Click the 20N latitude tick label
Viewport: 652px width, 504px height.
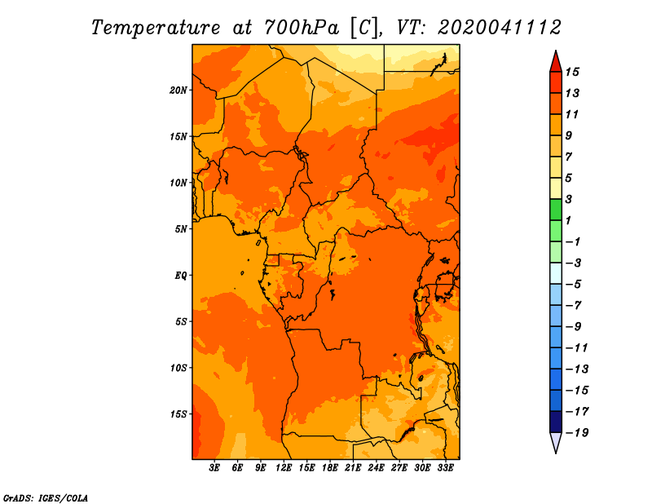point(178,91)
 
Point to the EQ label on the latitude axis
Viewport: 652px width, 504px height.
point(180,276)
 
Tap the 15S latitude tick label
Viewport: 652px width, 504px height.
point(178,414)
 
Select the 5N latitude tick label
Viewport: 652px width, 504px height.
point(180,229)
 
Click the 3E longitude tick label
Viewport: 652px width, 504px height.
point(214,468)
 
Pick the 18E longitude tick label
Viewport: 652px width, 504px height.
point(330,468)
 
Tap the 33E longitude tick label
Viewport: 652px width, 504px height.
point(445,468)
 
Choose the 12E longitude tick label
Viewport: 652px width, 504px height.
point(284,468)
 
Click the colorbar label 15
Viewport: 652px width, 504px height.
point(572,72)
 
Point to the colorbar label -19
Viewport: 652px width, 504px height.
point(577,433)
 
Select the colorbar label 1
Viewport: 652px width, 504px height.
point(568,220)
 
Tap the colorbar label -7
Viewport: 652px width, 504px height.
point(574,306)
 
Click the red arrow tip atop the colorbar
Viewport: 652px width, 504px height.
point(556,51)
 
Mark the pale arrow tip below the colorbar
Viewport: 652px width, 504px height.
point(556,452)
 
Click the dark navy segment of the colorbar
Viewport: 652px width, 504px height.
point(556,422)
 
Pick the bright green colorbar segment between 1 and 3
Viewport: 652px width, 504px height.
point(556,210)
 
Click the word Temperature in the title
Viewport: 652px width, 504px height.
point(156,28)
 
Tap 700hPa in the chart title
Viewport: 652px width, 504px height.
point(302,28)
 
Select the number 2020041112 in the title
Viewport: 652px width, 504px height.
point(500,28)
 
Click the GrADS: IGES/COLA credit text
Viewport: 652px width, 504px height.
point(46,498)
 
